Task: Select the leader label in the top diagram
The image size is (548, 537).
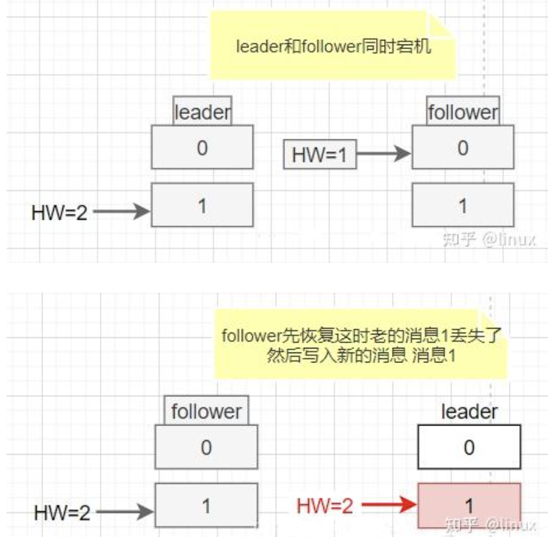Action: [x=202, y=112]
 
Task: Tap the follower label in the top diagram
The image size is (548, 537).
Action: [x=462, y=112]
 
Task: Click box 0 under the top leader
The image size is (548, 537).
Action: [x=202, y=147]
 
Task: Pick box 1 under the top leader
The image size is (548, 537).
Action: [x=202, y=205]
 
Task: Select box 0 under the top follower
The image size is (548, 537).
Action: [x=462, y=147]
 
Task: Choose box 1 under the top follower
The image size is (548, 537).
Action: [x=462, y=206]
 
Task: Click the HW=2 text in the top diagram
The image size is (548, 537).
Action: [x=59, y=212]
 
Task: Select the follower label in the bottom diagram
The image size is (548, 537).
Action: [x=206, y=412]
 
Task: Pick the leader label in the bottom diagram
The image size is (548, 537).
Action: [x=469, y=412]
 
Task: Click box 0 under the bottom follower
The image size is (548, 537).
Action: [x=206, y=447]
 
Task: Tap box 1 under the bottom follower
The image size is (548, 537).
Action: [x=206, y=506]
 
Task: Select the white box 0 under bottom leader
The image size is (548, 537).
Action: [x=469, y=447]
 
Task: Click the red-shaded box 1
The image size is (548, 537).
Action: [x=469, y=506]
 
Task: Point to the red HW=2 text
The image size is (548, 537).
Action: [x=325, y=506]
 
